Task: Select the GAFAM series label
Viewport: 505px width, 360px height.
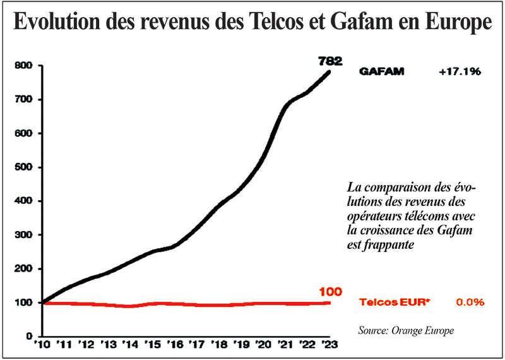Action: pos(381,72)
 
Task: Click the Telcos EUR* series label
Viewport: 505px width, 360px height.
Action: pos(395,303)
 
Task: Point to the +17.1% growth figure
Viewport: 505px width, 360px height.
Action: pos(460,72)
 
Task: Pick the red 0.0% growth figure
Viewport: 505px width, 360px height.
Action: pos(470,303)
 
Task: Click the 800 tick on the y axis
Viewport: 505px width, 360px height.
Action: pos(23,66)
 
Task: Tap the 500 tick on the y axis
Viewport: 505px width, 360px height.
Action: pos(23,167)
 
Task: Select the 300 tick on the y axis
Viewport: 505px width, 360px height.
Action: pos(23,235)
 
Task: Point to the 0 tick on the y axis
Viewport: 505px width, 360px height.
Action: pos(28,336)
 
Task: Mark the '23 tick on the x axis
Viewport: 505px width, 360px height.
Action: pos(330,345)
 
